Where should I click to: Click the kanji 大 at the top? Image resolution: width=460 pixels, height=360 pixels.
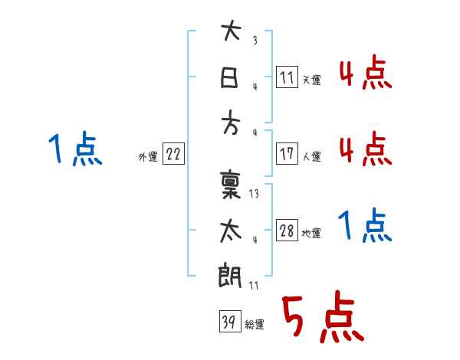pos(231,33)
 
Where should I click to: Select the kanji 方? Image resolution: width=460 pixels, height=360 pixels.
pos(231,125)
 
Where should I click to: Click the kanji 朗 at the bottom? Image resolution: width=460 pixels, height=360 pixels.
pos(231,277)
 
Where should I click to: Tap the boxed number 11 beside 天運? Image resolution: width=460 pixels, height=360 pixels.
pos(287,77)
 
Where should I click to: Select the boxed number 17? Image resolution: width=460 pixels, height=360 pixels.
pos(287,154)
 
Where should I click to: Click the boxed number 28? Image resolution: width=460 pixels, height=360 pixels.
pos(287,231)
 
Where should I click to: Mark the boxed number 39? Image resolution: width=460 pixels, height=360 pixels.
pos(228,322)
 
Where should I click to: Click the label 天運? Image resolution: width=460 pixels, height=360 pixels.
pos(311,80)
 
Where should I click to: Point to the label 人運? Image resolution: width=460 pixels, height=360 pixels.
pos(311,156)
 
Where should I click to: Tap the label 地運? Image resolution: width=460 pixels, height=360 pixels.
pos(311,234)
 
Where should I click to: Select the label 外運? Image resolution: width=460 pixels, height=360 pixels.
pos(147,156)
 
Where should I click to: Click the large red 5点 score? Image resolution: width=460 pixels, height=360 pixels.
pos(321,318)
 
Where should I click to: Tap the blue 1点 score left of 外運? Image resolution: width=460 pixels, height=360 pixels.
pos(76,149)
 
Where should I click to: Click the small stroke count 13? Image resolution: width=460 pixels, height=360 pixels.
pos(254,194)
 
